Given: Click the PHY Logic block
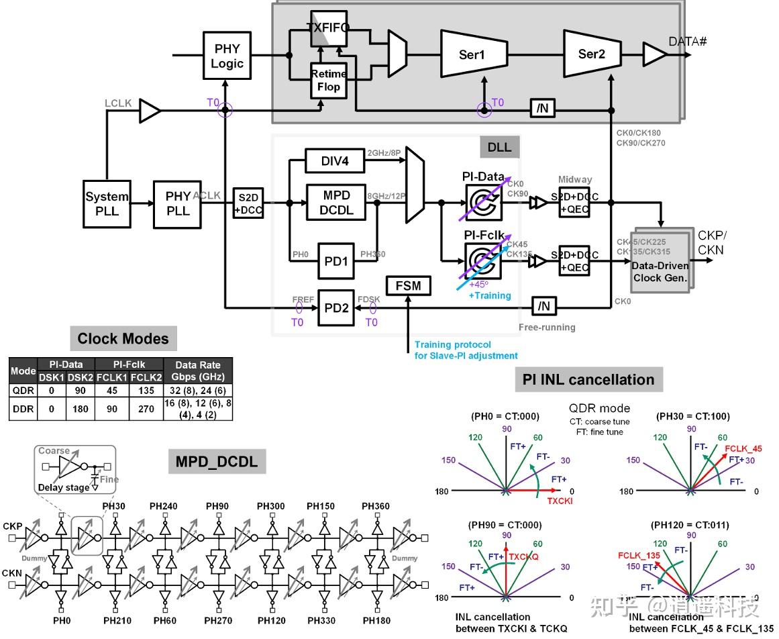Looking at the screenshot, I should [227, 56].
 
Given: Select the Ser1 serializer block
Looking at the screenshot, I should [472, 54].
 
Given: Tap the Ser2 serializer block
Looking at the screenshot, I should [591, 53].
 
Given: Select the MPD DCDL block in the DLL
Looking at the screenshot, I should [336, 202].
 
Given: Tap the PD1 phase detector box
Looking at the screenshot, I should [335, 260].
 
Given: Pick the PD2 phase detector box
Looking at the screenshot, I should [335, 308].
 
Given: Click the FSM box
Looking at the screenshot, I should [408, 286].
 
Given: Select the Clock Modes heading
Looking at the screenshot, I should [123, 338].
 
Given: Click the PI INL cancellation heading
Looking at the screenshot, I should [588, 379].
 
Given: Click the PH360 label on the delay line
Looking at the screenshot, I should [376, 506].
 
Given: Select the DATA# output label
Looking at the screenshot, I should [688, 42].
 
